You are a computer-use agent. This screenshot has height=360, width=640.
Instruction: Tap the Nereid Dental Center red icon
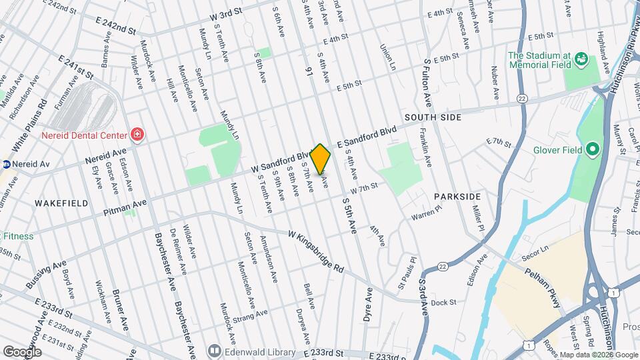[x=138, y=135]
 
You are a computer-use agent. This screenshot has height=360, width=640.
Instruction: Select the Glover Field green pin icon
[x=592, y=149]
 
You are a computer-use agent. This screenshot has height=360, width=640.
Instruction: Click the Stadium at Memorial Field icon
[x=580, y=61]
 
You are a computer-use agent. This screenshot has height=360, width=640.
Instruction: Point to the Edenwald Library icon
[x=214, y=349]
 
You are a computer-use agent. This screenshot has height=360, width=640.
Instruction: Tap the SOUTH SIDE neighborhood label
[x=432, y=117]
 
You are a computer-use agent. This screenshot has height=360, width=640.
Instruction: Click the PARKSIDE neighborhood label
[x=457, y=197]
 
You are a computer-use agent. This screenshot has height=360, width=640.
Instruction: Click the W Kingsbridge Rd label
[x=316, y=251]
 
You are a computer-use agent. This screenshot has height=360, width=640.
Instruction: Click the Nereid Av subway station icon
[x=5, y=163]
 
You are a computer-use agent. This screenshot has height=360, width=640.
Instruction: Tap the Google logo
[x=22, y=351]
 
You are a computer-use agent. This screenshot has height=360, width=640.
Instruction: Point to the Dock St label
[x=443, y=303]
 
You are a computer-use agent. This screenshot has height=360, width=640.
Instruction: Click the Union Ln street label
[x=387, y=58]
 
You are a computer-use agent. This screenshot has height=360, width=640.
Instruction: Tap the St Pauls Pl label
[x=407, y=272]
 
